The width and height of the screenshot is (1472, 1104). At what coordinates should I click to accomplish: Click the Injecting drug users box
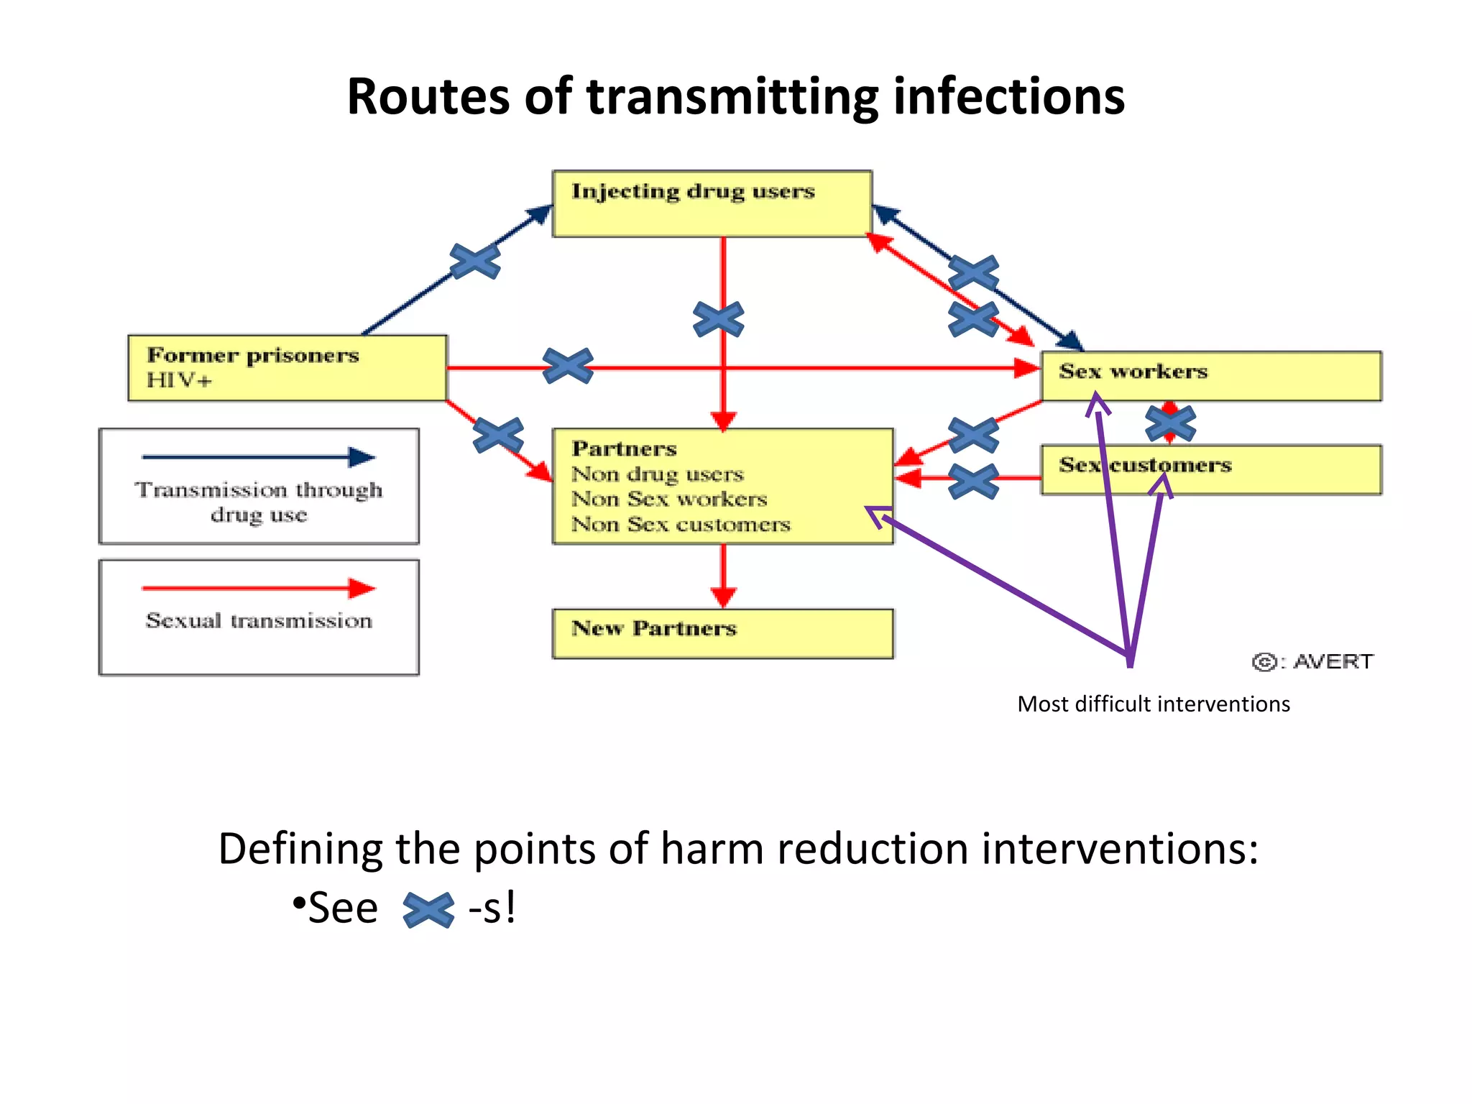coord(712,203)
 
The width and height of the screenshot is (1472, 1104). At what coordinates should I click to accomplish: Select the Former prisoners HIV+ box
coord(287,367)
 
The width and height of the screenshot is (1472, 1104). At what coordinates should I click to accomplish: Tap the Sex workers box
coord(1211,375)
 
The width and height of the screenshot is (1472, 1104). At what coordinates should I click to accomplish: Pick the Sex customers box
coord(1211,469)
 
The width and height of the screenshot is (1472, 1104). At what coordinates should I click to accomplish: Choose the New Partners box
coord(722,633)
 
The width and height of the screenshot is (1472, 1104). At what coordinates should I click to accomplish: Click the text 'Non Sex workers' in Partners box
coord(669,499)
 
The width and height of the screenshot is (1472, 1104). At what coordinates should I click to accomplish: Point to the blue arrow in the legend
coord(259,457)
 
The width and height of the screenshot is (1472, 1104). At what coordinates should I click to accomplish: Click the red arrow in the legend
coord(259,588)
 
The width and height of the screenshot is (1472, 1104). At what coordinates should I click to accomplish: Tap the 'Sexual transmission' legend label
coord(259,620)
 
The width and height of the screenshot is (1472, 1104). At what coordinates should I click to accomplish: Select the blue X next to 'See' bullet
coord(428,909)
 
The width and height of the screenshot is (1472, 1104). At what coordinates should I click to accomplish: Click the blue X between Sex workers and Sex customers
coord(1170,423)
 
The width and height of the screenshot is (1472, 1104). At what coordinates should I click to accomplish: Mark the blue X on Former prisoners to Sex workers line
coord(568,366)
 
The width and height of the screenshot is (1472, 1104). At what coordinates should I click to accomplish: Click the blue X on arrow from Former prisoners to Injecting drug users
coord(475,261)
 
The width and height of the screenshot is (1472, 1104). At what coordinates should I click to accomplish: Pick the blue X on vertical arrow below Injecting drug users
coord(719,319)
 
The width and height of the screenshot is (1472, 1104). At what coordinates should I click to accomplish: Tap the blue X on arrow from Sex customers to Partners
coord(973,481)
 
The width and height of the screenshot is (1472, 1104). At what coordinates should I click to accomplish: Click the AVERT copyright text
coord(1313,661)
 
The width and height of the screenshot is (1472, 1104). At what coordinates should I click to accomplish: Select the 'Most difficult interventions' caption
coord(1153,704)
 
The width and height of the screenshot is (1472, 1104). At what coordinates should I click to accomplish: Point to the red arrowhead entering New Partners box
coord(723,597)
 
